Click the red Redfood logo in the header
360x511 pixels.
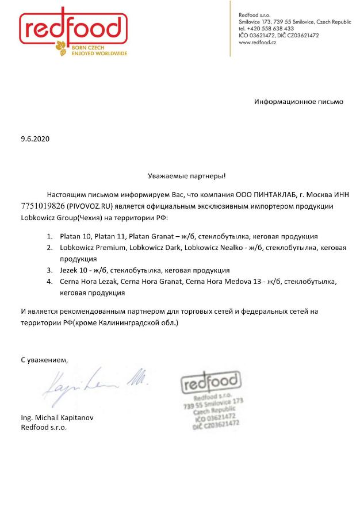[x=73, y=28]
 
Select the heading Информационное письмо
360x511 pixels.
[x=298, y=102]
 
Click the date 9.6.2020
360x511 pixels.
[x=35, y=139]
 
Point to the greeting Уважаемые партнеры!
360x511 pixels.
[x=179, y=175]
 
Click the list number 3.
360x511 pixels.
[x=49, y=270]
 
